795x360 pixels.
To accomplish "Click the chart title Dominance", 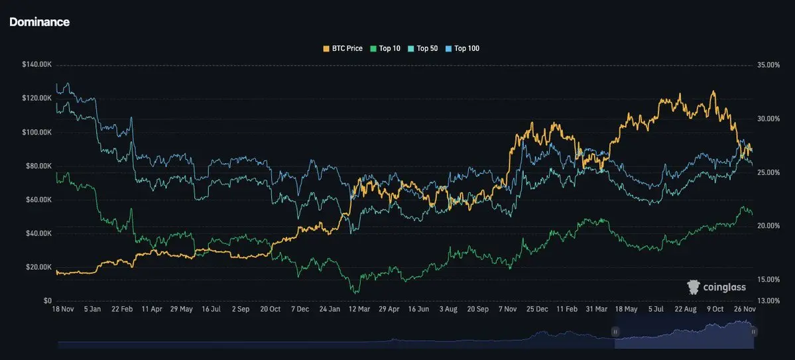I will coord(39,22).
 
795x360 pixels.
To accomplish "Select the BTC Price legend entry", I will coord(342,48).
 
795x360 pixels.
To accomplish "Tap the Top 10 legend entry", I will coord(385,48).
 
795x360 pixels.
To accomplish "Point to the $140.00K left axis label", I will coord(38,65).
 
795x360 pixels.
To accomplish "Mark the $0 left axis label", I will coord(48,300).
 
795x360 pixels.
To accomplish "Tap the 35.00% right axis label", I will coord(768,65).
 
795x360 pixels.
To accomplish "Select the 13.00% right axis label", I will coord(768,300).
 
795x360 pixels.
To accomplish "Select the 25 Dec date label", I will coord(537,309).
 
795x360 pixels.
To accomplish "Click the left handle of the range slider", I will coord(615,331).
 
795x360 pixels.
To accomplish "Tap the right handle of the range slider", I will coord(753,331).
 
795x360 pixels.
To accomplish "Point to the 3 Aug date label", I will coord(448,309).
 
